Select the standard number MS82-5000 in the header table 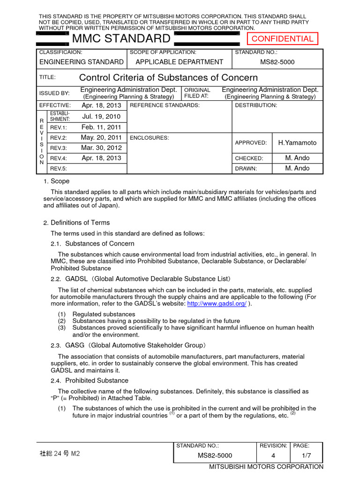tap(277, 62)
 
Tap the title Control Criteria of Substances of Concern tap(168, 77)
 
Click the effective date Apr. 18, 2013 tap(101, 105)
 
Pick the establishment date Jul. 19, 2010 tap(101, 116)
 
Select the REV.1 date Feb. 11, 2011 tap(101, 127)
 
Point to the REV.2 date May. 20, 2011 tap(101, 138)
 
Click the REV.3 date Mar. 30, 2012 tap(101, 148)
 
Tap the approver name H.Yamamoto tap(297, 142)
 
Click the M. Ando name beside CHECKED tap(297, 158)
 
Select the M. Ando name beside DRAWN tap(297, 168)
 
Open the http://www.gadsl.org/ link tap(217, 304)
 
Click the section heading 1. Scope tap(56, 181)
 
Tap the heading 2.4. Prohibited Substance tap(90, 380)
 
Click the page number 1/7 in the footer tap(307, 455)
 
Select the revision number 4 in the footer tap(273, 455)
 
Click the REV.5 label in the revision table tap(59, 169)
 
